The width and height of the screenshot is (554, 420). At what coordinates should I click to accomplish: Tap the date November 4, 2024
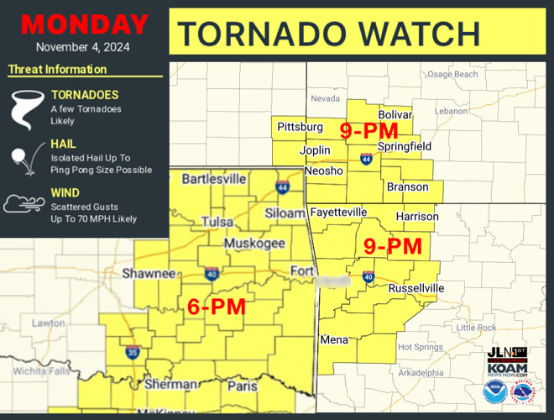coord(83,47)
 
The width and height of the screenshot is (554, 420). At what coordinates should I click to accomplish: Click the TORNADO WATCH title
coord(329,33)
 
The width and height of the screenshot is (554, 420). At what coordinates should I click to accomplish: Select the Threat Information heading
coord(57,70)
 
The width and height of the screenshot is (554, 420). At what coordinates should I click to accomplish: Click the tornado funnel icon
coord(24,107)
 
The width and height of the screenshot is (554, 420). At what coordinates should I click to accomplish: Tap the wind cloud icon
coord(24,204)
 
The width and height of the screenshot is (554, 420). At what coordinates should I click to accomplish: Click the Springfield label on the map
coord(404,146)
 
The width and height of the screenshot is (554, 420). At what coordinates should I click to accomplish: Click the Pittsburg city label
coord(300,127)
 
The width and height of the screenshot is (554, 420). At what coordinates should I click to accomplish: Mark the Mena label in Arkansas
coord(335,340)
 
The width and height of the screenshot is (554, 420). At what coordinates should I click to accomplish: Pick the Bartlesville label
coord(214,179)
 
